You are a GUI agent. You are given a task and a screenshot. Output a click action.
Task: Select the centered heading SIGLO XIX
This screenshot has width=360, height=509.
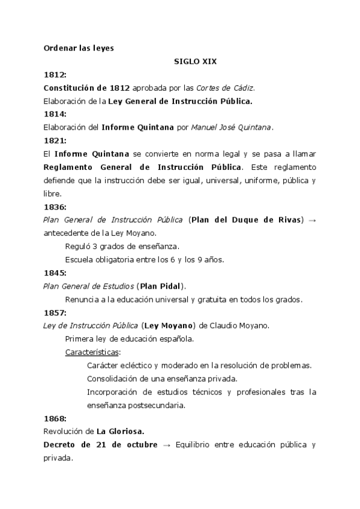(x=191, y=61)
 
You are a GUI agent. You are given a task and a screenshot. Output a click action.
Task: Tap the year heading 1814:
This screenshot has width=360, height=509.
(x=55, y=113)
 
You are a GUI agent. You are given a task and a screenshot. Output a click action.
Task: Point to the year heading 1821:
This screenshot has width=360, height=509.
(x=55, y=140)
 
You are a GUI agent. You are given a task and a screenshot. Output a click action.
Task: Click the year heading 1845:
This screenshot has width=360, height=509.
(x=55, y=273)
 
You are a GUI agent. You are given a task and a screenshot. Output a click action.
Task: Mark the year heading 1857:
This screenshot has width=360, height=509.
(x=55, y=313)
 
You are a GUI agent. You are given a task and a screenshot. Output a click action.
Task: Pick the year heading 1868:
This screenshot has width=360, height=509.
(x=55, y=418)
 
